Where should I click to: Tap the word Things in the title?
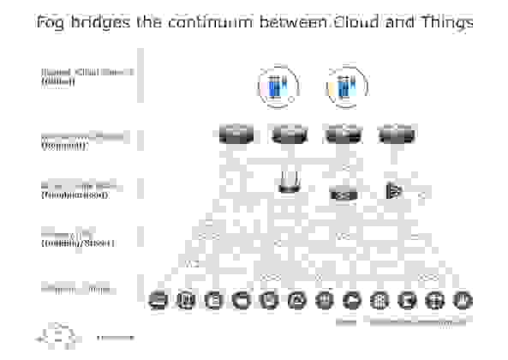[x=443, y=22]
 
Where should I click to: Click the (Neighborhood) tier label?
[x=74, y=195]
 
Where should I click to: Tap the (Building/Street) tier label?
[x=77, y=243]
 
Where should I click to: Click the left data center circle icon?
[x=278, y=87]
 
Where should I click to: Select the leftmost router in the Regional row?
[x=234, y=135]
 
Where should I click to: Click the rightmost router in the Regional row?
[x=396, y=135]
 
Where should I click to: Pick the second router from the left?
[x=289, y=135]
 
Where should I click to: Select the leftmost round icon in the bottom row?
[x=158, y=300]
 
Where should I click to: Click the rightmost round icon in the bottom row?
[x=463, y=300]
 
